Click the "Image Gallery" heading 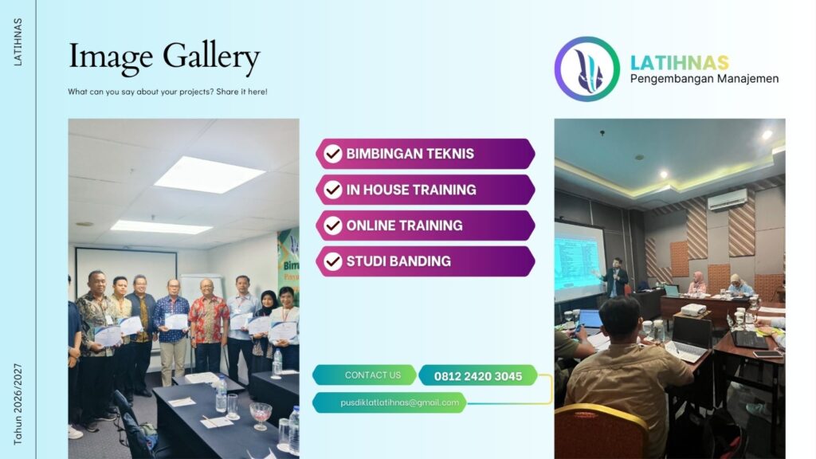click(164, 57)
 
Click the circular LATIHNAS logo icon click(586, 69)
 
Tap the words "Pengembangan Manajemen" click(704, 79)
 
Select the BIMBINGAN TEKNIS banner click(425, 154)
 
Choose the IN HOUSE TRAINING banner click(425, 190)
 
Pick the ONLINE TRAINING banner click(425, 226)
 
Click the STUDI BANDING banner click(425, 261)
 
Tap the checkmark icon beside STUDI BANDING click(333, 261)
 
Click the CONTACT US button click(364, 375)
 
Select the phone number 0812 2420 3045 click(478, 375)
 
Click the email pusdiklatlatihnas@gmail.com click(389, 402)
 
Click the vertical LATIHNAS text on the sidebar click(18, 41)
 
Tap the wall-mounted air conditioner click(728, 200)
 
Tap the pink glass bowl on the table click(261, 413)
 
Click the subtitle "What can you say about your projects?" click(167, 92)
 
